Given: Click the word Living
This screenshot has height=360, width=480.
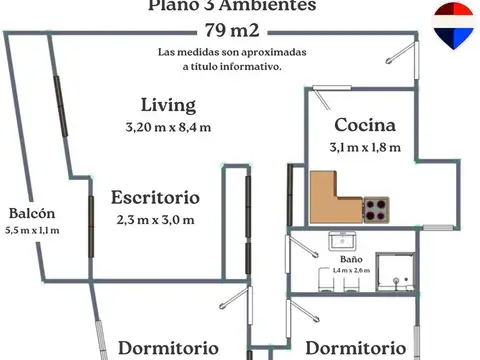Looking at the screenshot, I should pyautogui.click(x=168, y=105).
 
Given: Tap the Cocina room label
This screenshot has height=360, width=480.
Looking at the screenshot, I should pyautogui.click(x=365, y=126).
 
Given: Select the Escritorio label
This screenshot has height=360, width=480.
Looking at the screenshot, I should pyautogui.click(x=155, y=197).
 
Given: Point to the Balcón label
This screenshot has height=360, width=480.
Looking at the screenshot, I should pyautogui.click(x=32, y=213).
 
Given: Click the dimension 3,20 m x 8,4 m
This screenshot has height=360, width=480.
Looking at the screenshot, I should pyautogui.click(x=168, y=127).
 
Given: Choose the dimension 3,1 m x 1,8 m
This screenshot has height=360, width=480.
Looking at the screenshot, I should pyautogui.click(x=365, y=148).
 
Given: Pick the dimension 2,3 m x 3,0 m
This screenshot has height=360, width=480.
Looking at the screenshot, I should pyautogui.click(x=155, y=219).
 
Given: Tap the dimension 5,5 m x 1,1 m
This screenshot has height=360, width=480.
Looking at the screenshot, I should pyautogui.click(x=32, y=230).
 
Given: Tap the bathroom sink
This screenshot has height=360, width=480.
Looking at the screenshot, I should pyautogui.click(x=343, y=240).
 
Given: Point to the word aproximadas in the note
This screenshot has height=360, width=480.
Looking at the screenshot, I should pyautogui.click(x=272, y=50).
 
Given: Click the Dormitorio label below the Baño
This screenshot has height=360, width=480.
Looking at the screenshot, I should pyautogui.click(x=355, y=348).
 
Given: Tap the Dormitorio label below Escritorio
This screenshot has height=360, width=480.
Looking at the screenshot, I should pyautogui.click(x=168, y=348).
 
